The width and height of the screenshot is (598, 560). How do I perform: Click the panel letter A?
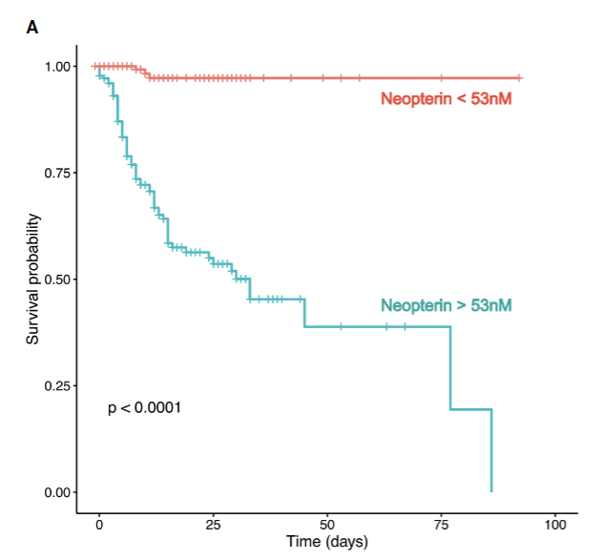point(32,28)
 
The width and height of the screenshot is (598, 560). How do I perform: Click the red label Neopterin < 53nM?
point(446,98)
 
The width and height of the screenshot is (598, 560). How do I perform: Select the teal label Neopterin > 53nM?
point(446,306)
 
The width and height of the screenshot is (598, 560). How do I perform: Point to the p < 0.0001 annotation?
point(145,408)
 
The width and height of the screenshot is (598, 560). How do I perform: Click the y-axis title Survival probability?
point(33,279)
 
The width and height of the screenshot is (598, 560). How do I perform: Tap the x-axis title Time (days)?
point(327,542)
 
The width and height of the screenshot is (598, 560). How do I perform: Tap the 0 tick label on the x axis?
point(99,525)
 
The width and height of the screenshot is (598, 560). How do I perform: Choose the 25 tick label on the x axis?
point(214,525)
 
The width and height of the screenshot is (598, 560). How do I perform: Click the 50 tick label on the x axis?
point(327,525)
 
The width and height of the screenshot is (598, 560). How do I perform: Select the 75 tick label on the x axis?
point(442,525)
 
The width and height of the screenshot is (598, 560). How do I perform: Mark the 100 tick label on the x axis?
point(555,525)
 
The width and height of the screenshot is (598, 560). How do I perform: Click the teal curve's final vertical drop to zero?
point(491,450)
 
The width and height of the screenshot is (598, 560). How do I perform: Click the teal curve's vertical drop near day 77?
point(450,368)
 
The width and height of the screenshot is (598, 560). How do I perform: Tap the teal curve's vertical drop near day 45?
point(304,313)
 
